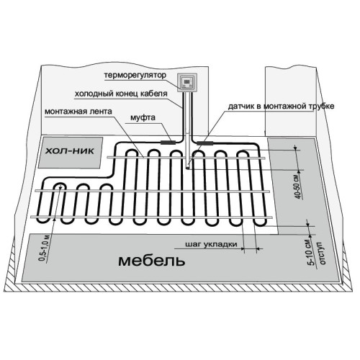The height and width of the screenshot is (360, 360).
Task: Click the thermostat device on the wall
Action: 187,83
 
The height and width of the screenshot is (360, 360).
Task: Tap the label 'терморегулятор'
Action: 135,75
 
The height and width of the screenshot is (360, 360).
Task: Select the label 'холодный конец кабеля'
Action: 121,94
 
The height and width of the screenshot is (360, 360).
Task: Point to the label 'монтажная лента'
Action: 78,112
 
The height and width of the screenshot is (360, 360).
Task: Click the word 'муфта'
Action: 143,117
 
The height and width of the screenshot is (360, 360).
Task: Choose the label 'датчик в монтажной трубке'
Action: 281,106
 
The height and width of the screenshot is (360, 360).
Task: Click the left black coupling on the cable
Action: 168,143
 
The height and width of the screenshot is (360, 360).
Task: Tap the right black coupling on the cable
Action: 205,143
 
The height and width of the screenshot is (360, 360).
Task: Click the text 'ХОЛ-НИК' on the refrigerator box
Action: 70,151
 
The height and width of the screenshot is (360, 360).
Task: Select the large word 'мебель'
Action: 152,261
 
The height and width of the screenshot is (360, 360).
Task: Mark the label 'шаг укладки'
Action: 211,245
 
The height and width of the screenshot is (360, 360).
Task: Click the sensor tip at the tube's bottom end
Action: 189,167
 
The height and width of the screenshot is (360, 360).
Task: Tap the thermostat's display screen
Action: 187,81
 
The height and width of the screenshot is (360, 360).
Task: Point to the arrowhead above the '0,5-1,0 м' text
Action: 55,219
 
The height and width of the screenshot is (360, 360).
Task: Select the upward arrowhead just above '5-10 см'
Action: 310,235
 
